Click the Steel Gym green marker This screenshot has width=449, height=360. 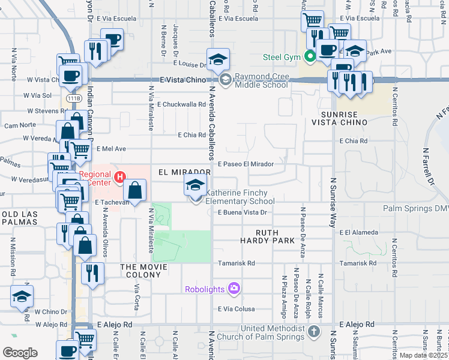coord(310,58)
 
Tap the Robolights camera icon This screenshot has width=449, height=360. coord(234,289)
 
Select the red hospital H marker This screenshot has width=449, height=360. coord(120,177)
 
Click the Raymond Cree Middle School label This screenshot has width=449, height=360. coord(261,80)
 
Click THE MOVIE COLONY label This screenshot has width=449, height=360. coord(141,271)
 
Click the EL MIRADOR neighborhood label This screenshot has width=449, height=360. coord(184,172)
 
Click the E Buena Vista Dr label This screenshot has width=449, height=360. coord(242,212)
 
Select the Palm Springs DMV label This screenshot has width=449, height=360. coord(415,209)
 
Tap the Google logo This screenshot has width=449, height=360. coord(20,353)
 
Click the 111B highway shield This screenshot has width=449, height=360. coord(74,98)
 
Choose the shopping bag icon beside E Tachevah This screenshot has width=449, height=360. coord(135,191)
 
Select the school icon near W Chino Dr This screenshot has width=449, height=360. coord(22,297)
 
